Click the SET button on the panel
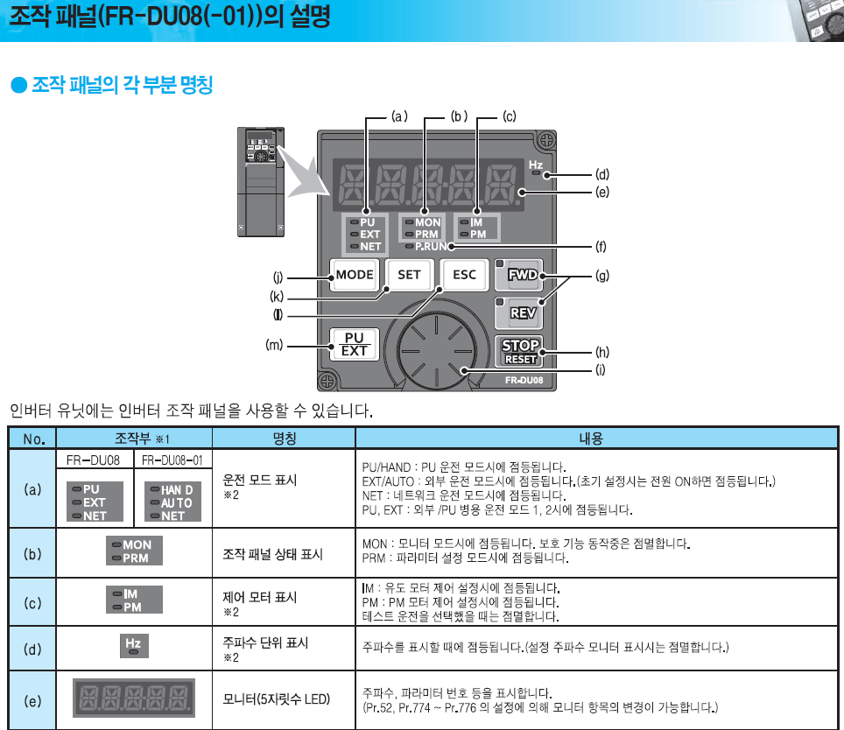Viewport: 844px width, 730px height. point(409,274)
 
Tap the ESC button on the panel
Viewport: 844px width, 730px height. point(464,274)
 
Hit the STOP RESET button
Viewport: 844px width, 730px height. point(520,350)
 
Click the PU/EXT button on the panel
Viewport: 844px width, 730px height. point(355,344)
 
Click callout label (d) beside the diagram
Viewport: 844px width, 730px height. point(602,174)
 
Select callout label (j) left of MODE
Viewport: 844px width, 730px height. point(278,277)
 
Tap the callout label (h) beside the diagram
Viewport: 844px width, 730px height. point(602,352)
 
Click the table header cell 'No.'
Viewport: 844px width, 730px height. point(33,438)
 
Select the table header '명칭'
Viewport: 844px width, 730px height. point(284,438)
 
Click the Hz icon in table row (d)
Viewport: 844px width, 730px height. point(133,645)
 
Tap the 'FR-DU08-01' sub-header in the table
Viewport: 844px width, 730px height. point(172,460)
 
